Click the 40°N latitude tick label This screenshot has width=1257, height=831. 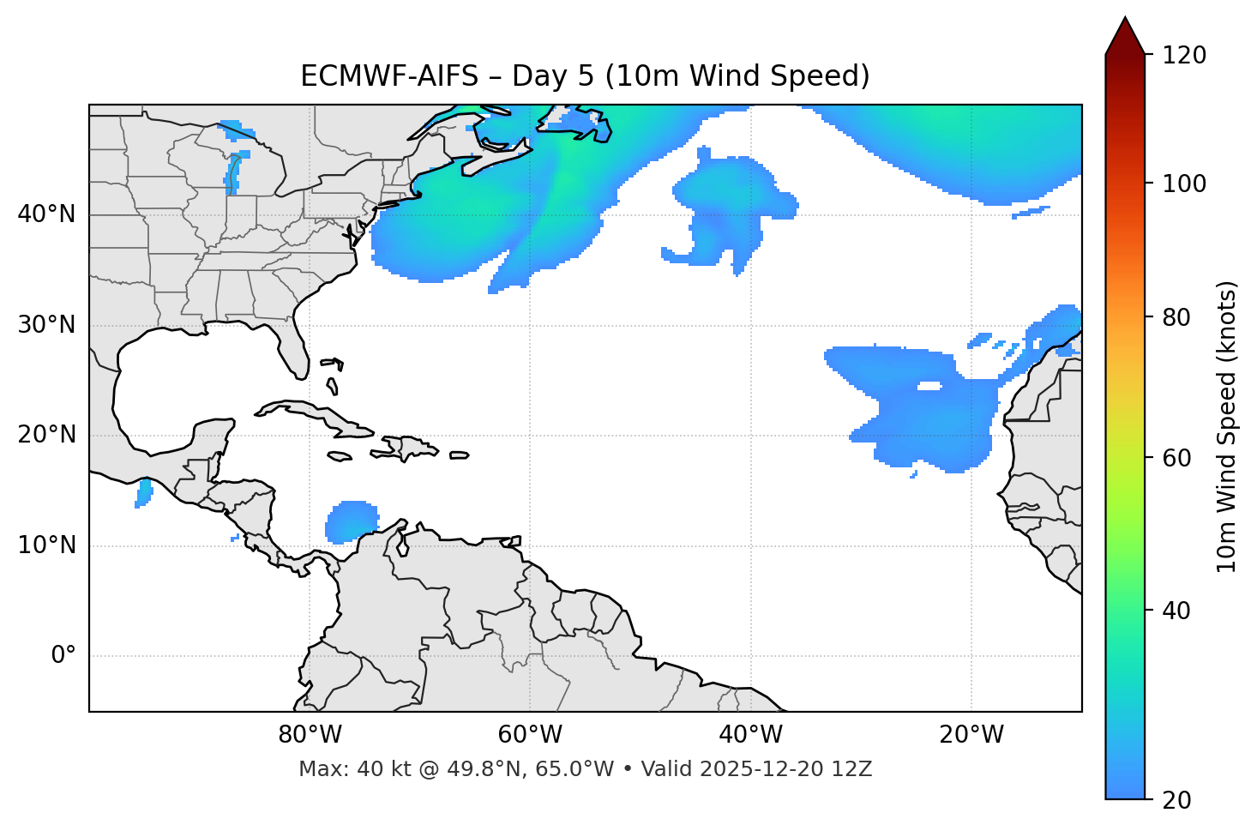[x=46, y=214]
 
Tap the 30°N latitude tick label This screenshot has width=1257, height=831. [x=46, y=325]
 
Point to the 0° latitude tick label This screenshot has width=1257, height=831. [x=63, y=656]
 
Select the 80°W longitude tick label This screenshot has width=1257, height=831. [x=310, y=735]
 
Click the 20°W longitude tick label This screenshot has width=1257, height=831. [x=971, y=735]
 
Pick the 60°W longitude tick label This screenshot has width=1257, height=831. [x=530, y=735]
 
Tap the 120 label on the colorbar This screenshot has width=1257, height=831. [x=1184, y=56]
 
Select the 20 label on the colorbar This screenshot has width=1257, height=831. [x=1177, y=800]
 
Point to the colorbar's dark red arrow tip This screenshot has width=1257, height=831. [x=1125, y=26]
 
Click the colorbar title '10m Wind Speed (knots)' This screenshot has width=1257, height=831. [x=1227, y=426]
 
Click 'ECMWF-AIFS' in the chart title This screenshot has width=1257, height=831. [x=389, y=76]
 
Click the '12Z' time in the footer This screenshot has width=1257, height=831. [x=855, y=769]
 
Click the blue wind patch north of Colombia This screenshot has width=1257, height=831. [x=351, y=521]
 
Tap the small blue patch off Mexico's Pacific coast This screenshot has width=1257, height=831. [x=144, y=493]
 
